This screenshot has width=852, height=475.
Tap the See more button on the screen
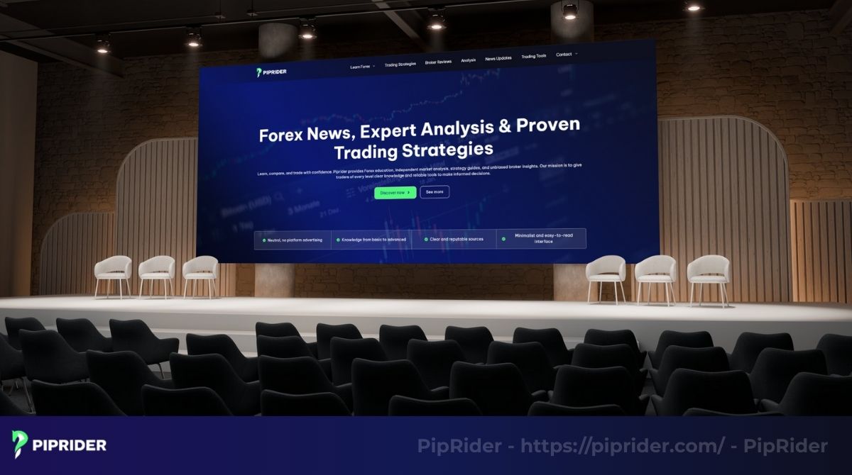click(x=435, y=192)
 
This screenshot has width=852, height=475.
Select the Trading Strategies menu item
click(x=400, y=65)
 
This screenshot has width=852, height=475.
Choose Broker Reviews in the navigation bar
click(x=438, y=62)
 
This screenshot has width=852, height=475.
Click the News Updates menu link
click(x=498, y=58)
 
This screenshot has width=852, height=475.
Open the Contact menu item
click(x=564, y=55)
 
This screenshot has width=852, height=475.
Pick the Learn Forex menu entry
click(x=361, y=67)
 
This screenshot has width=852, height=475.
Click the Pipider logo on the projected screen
click(x=271, y=72)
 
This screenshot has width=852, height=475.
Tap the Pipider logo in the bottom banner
click(x=60, y=445)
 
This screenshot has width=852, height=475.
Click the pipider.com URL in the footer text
click(x=623, y=446)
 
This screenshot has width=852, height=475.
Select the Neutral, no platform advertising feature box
click(x=292, y=240)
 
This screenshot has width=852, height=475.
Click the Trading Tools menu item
click(x=533, y=57)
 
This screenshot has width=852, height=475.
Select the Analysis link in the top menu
click(x=469, y=60)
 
